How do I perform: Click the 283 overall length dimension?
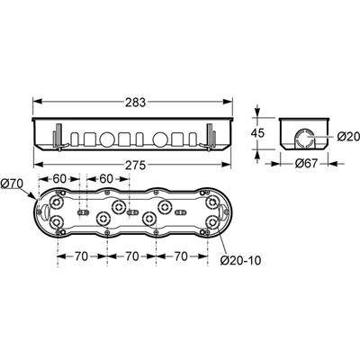coord(136,103)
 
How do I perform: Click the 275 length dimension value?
coord(136,165)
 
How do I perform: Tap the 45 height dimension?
coord(257,133)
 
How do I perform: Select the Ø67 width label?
coord(306,164)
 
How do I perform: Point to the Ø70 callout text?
coord(12,184)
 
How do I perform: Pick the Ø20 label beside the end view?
coord(348,137)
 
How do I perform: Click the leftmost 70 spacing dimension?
coord(81,256)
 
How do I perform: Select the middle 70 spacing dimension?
coord(131,256)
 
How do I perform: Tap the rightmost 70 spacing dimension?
coord(181,256)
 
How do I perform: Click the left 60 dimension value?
coord(59,179)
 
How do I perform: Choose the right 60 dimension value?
coord(105,179)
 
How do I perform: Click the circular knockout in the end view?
coord(303,139)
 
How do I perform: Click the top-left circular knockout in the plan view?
coord(56,203)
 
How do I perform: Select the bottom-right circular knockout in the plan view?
coord(212,222)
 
